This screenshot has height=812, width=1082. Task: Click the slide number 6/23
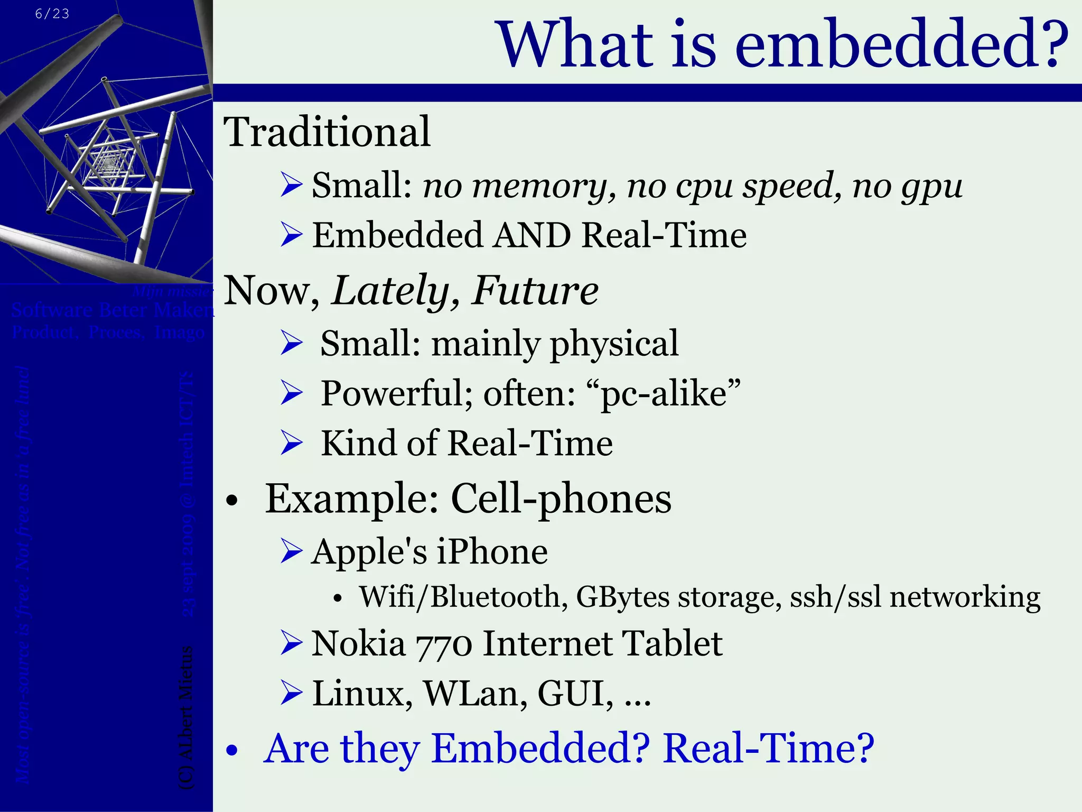point(52,14)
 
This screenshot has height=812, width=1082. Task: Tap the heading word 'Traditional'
point(327,132)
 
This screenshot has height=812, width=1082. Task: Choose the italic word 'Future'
point(535,290)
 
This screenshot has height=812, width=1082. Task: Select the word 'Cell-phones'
point(561,499)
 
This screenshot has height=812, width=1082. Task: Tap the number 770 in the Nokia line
point(443,645)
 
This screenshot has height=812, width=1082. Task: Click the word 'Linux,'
point(362,694)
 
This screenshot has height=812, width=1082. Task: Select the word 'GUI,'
point(575,694)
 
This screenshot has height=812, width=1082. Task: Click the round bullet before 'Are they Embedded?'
point(232,751)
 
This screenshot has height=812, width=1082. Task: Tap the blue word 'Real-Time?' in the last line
point(768,749)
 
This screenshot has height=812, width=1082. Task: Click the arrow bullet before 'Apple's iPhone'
point(292,551)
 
